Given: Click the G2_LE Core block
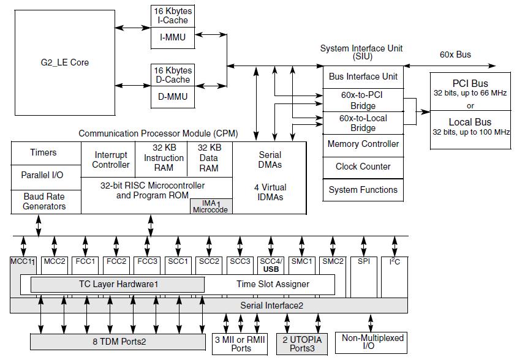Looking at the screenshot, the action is tap(65, 62).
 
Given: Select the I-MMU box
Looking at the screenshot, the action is tap(173, 37).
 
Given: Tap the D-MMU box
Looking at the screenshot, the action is tap(173, 97).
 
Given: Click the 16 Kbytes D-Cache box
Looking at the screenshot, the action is tap(173, 75).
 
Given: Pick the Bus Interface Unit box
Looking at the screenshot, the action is tap(363, 77).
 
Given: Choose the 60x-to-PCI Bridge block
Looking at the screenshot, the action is tap(363, 100).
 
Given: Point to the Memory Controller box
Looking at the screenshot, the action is tap(363, 145).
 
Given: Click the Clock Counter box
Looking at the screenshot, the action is tap(363, 167).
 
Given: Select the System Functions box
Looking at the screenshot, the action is tap(363, 190).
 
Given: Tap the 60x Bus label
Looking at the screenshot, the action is tap(455, 54).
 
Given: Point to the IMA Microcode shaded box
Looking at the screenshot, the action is tap(211, 206).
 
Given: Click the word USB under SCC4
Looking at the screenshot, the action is tap(271, 269).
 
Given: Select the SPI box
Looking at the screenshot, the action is tap(364, 277).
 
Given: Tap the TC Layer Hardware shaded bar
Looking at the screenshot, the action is tap(118, 284).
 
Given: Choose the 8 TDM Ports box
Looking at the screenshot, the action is tap(118, 342).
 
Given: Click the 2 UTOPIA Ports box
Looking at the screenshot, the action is tap(302, 344).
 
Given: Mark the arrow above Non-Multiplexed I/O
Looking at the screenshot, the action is tap(371, 323).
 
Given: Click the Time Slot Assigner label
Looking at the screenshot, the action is tap(273, 284).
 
